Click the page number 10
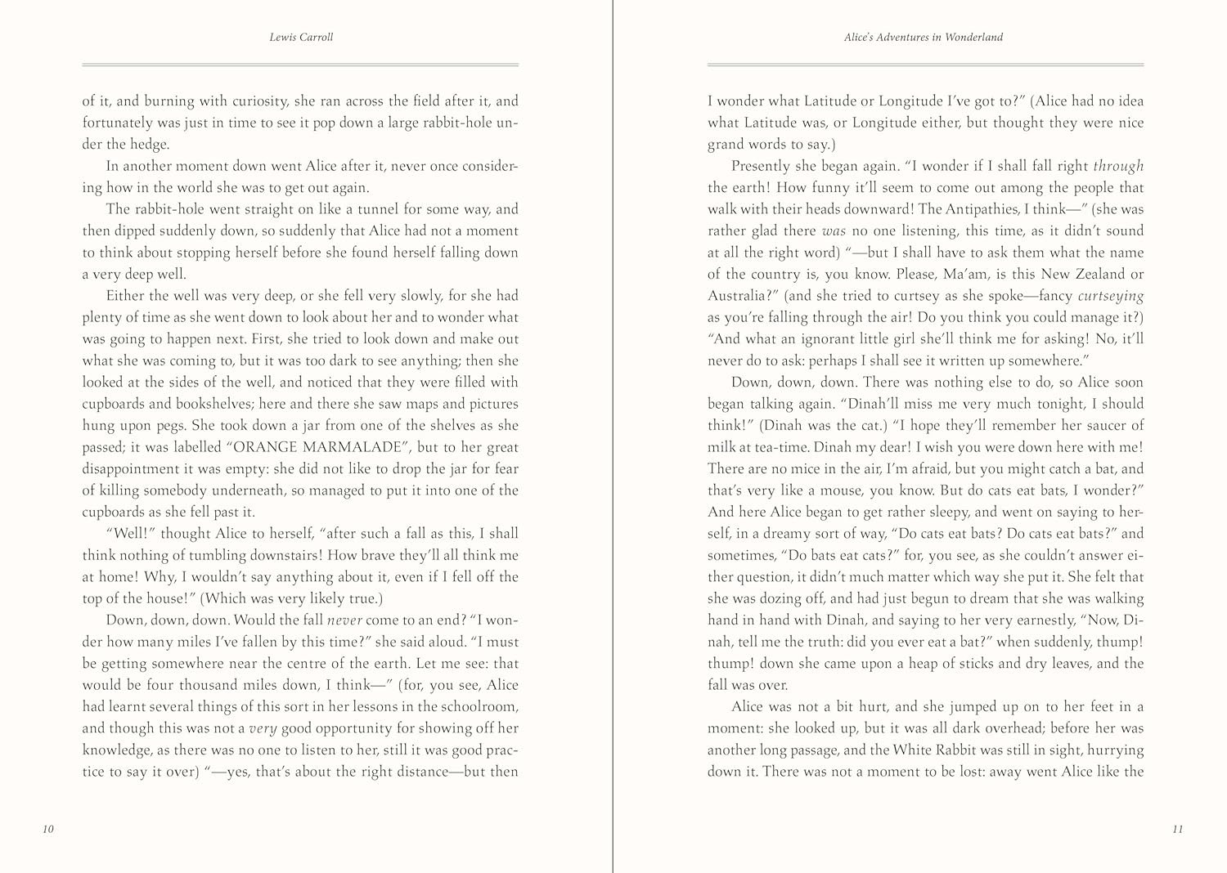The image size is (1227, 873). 47,830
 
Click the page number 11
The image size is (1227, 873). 1178,830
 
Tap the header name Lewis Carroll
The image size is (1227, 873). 300,38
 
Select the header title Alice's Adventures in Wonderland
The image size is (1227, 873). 925,38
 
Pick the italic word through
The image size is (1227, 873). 1118,166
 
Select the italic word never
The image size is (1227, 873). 344,620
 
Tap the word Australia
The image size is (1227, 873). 737,296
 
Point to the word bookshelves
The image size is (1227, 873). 201,404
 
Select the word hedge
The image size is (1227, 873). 151,145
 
